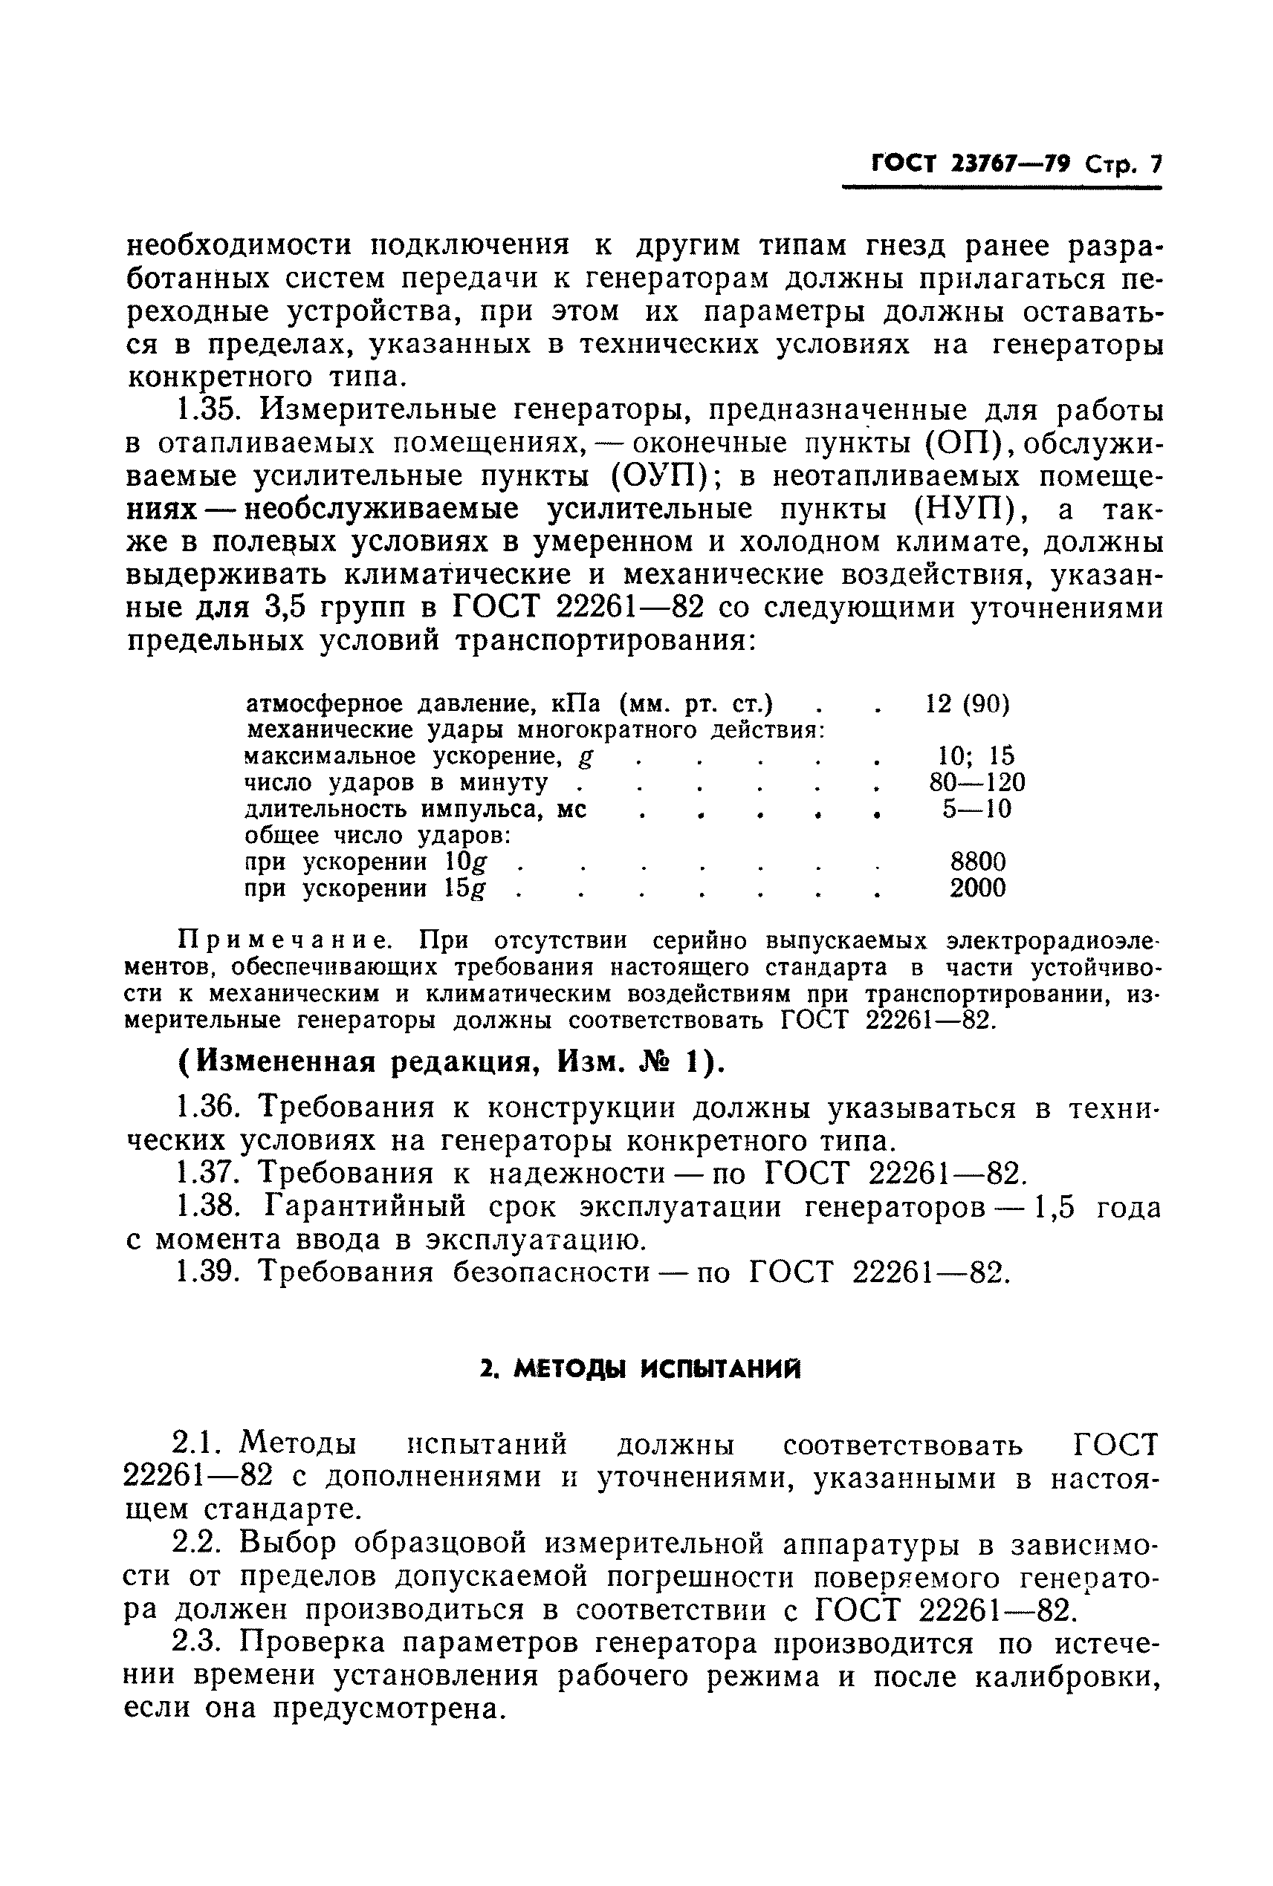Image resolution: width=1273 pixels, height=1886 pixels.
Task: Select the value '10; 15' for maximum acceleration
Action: (976, 756)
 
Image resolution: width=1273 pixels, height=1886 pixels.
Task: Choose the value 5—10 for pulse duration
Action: (976, 810)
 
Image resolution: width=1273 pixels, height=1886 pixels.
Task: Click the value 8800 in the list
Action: (977, 862)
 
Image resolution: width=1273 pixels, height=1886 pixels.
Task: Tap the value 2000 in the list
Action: (977, 888)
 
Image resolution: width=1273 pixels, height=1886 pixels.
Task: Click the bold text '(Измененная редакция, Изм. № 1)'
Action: (451, 1063)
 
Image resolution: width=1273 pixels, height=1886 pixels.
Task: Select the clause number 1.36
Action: (210, 1108)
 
